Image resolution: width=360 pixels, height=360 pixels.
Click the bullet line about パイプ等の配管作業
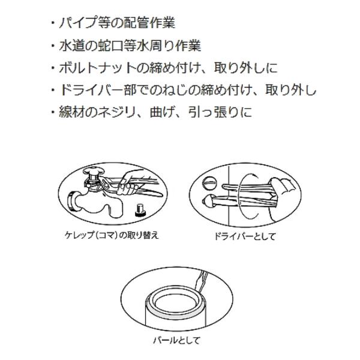[113, 23]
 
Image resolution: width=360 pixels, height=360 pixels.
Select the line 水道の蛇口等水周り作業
[126, 45]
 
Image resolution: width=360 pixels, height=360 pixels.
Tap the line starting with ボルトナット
[164, 68]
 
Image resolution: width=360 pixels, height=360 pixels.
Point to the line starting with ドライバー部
[184, 90]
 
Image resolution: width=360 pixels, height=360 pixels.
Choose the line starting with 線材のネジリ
[152, 112]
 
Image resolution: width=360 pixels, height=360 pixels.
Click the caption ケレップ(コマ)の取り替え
[112, 235]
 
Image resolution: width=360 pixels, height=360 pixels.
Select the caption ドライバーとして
[245, 236]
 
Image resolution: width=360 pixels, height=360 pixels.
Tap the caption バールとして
[176, 340]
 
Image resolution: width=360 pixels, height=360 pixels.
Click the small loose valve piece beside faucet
[140, 210]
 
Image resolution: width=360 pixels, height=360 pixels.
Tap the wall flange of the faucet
[71, 202]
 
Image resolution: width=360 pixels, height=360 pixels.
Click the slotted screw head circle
[209, 183]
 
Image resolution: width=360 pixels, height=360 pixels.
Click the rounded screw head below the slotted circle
[208, 201]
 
